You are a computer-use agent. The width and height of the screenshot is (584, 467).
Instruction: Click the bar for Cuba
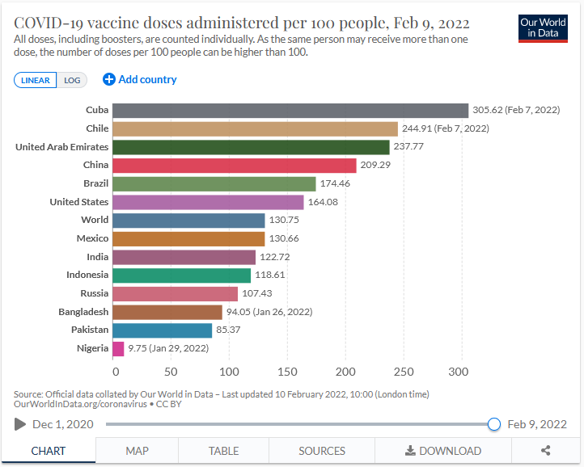(x=290, y=111)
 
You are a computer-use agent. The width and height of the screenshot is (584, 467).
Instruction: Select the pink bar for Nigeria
(x=118, y=348)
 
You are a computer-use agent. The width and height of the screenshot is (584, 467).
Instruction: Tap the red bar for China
(x=234, y=166)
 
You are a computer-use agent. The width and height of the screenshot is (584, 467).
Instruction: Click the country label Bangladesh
(x=83, y=312)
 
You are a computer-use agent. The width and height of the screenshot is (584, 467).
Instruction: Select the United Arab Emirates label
(x=61, y=147)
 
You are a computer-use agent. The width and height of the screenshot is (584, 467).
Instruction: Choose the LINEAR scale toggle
(x=35, y=80)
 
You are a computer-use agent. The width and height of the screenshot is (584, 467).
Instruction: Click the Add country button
(x=140, y=79)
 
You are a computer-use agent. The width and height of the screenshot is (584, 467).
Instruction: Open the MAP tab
(x=137, y=451)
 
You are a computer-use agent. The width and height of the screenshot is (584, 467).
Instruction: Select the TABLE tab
(x=223, y=451)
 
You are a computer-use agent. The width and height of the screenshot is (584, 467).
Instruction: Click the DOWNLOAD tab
(x=442, y=451)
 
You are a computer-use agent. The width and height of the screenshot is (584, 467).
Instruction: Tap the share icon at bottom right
(x=545, y=451)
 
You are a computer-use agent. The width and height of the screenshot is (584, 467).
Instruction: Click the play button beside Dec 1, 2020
(x=20, y=424)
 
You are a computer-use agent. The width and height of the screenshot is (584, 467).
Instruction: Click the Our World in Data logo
(x=543, y=27)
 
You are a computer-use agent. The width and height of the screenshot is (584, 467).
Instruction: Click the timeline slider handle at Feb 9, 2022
(x=494, y=424)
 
